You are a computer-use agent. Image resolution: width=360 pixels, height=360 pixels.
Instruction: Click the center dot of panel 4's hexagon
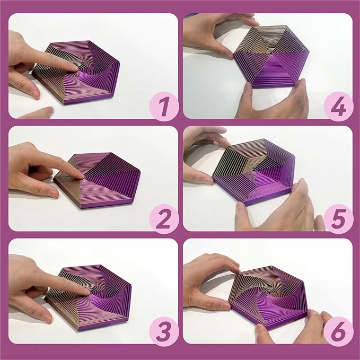tap(270, 54)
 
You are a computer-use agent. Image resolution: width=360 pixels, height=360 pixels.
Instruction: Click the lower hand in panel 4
tap(281, 101)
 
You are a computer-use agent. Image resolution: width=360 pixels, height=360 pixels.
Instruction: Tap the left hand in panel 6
tap(207, 281)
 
